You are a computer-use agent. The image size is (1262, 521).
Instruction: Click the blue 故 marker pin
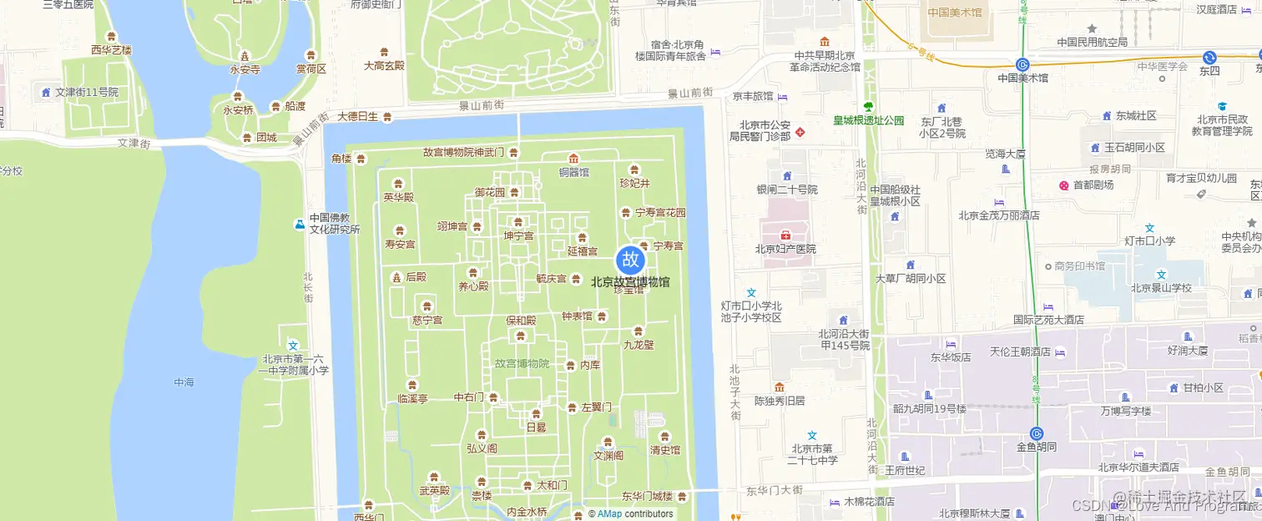(631, 260)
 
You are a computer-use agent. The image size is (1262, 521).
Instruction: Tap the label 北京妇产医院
(785, 249)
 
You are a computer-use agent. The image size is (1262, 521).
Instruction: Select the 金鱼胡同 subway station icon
(1037, 433)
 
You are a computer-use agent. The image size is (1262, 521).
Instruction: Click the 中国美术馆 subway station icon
(1022, 64)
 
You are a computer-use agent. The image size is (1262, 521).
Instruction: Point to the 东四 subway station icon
(1209, 57)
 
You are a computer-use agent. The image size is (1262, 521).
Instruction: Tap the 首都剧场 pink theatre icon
(1064, 185)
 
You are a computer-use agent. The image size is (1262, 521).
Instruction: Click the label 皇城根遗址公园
(869, 120)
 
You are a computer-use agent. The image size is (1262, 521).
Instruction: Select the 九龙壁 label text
(639, 344)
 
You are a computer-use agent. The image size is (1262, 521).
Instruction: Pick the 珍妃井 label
(634, 184)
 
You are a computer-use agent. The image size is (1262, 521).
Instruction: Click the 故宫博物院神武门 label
(463, 153)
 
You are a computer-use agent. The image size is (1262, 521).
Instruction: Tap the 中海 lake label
(184, 382)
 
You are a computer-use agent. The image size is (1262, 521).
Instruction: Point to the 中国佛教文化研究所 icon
(300, 224)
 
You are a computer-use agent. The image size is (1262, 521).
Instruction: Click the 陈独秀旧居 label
(780, 401)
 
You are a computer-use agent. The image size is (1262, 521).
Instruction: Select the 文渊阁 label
(608, 456)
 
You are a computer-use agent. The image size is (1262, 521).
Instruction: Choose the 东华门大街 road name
(775, 490)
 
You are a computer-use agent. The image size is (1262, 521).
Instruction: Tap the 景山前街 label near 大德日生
(481, 105)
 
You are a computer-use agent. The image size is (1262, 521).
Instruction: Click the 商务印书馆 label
(1080, 266)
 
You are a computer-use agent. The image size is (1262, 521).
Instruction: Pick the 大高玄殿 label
(384, 65)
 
